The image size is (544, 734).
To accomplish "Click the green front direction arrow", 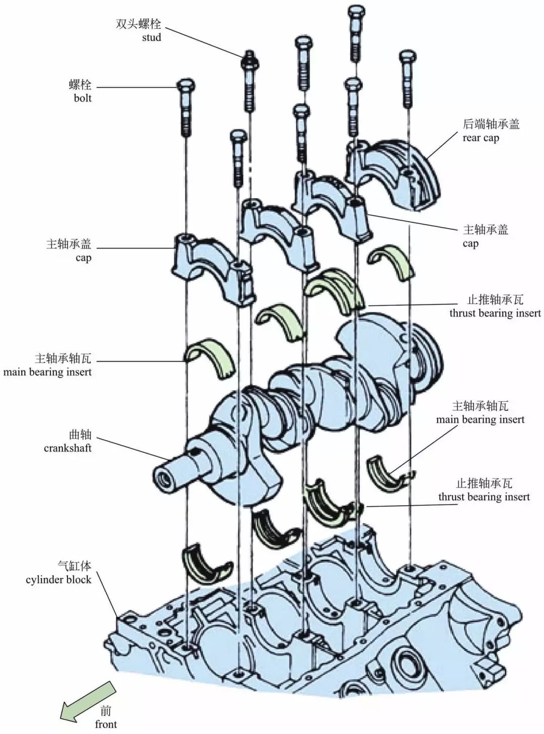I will pos(87,700).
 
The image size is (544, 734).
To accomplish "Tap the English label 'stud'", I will pos(151,38).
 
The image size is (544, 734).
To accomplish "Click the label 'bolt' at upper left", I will pos(83,98).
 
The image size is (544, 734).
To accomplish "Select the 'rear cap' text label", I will pos(481,138).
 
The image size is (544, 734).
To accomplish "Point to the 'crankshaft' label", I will pos(67,448).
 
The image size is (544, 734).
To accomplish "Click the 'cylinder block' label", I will pos(58,580).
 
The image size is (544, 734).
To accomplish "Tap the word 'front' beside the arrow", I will pos(106,724).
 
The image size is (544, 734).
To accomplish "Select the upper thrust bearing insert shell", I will pos(335,287).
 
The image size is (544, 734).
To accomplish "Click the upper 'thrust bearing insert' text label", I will pos(495,313).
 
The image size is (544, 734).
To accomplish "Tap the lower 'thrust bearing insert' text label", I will pos(484,497).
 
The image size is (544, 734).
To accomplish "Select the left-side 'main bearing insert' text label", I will pos(47,372).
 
